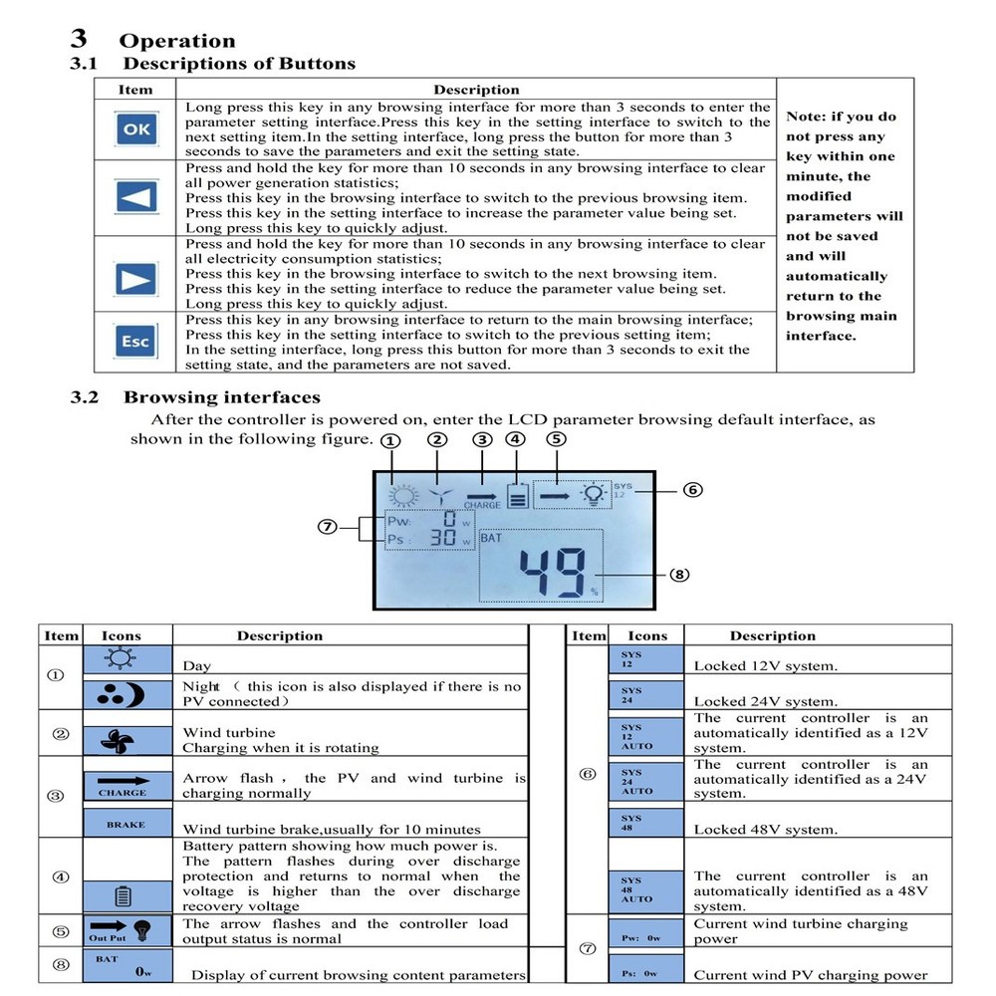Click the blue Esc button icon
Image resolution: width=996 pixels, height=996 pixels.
(134, 342)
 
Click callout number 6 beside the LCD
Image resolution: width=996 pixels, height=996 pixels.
(693, 490)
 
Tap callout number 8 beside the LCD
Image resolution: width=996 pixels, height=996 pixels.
(680, 574)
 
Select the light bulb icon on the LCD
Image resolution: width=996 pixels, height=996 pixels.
(595, 493)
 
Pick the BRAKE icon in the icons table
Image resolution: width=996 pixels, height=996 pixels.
(126, 825)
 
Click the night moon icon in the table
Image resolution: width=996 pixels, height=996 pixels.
(126, 694)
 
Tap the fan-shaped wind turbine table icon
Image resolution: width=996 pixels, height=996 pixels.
(126, 741)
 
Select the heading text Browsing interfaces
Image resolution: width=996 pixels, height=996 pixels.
(221, 397)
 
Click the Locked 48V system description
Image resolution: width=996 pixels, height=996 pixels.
(765, 829)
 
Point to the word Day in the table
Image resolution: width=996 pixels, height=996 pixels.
(197, 665)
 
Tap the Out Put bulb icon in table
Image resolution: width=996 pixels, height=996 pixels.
(126, 930)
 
